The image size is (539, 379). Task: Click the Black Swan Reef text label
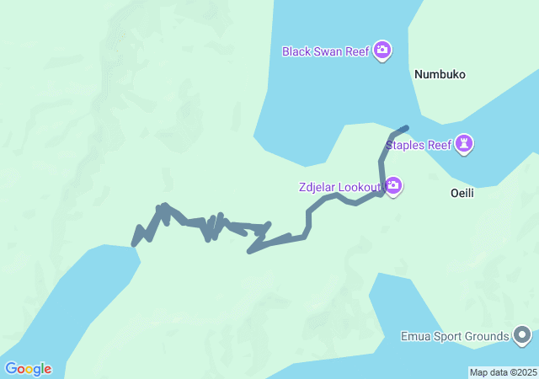tap(326, 51)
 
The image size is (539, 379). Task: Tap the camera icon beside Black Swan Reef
tap(382, 51)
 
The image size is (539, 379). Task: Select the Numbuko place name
tap(440, 74)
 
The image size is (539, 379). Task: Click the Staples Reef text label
tap(419, 145)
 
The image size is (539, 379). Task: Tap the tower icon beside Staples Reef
tap(464, 145)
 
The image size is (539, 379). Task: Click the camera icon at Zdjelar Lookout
tap(393, 185)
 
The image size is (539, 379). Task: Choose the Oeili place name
tap(460, 192)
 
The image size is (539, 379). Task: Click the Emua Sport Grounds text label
tap(455, 337)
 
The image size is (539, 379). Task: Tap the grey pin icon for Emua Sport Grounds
tap(522, 336)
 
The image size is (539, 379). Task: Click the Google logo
tap(28, 369)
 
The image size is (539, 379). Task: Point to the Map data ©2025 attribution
tap(503, 372)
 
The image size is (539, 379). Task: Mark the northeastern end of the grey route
tap(407, 128)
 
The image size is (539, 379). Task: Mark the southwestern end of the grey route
tap(135, 243)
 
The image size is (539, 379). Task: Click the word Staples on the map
tap(404, 145)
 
